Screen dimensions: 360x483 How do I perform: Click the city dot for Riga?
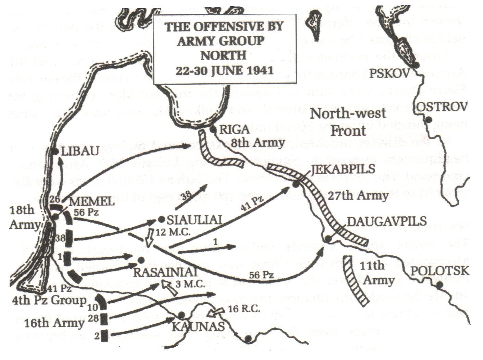[213, 130]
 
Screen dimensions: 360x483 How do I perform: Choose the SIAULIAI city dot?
[162, 219]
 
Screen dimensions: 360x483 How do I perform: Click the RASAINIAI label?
[165, 273]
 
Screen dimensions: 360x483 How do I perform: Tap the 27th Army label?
[358, 195]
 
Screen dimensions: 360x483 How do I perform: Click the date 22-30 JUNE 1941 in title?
[224, 71]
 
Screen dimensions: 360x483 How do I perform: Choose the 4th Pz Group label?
[49, 301]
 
